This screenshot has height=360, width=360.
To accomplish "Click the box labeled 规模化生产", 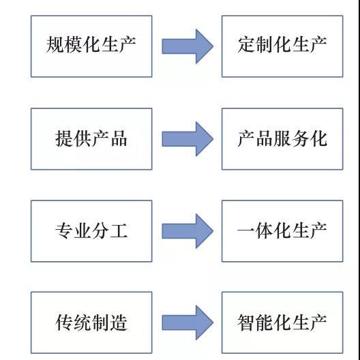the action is pyautogui.click(x=91, y=46).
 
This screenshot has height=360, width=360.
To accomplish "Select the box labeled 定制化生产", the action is pyautogui.click(x=282, y=46).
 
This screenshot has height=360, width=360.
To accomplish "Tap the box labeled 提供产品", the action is pyautogui.click(x=91, y=139).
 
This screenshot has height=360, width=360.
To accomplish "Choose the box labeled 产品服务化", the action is pyautogui.click(x=282, y=139).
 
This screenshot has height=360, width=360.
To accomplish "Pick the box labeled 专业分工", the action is pyautogui.click(x=91, y=231).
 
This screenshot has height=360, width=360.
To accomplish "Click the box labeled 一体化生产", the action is pyautogui.click(x=282, y=231).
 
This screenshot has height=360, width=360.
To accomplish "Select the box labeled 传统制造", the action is pyautogui.click(x=91, y=322).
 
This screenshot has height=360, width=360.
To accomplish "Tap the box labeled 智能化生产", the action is pyautogui.click(x=282, y=322).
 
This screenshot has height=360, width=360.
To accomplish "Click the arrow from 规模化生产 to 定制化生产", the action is pyautogui.click(x=187, y=46).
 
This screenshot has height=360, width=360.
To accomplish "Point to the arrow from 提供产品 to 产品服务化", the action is pyautogui.click(x=187, y=139).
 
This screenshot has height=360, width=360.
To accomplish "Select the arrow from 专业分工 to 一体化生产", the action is pyautogui.click(x=187, y=231).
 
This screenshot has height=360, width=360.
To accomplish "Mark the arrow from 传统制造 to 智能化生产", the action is pyautogui.click(x=187, y=322).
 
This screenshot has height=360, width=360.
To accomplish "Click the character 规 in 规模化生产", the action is pyautogui.click(x=55, y=44).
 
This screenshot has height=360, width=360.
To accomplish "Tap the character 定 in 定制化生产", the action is pyautogui.click(x=246, y=44).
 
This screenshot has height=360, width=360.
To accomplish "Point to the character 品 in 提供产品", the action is pyautogui.click(x=119, y=138).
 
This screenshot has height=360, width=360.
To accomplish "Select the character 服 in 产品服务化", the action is pyautogui.click(x=282, y=138).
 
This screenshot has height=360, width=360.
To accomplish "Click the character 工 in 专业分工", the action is pyautogui.click(x=119, y=230).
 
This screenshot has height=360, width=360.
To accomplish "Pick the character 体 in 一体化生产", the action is pyautogui.click(x=265, y=230).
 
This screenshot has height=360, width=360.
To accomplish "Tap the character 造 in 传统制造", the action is pyautogui.click(x=119, y=322).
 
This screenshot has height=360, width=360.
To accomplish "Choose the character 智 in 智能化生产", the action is pyautogui.click(x=246, y=322).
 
